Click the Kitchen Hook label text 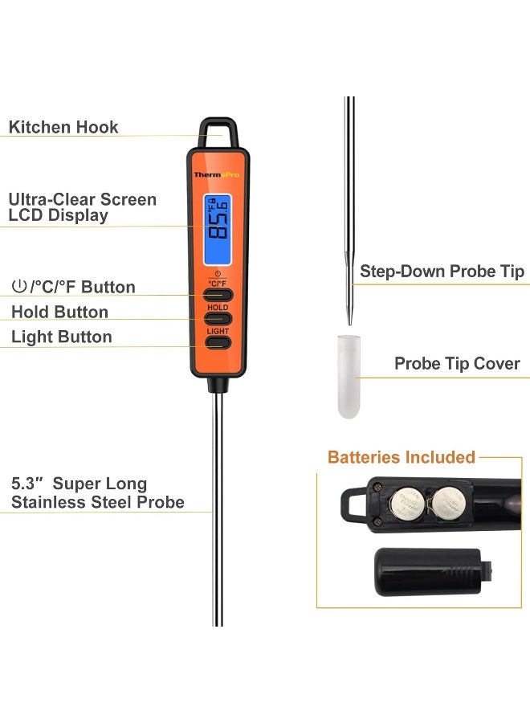[63, 127]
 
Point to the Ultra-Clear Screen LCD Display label [82, 207]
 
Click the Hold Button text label [59, 312]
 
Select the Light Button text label [62, 337]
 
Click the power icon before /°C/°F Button [18, 288]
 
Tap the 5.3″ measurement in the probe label [26, 484]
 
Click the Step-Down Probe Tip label [442, 272]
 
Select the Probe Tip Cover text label [457, 364]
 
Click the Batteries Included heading [402, 457]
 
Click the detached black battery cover [427, 571]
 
